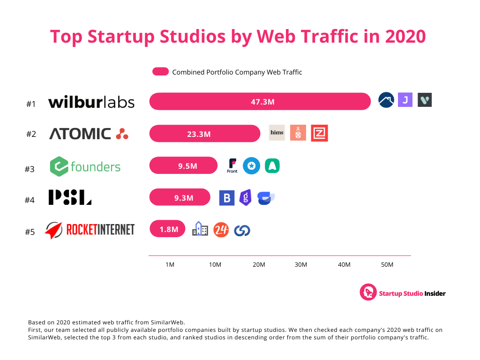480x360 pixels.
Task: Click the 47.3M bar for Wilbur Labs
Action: click(260, 101)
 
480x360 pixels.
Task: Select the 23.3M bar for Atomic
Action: click(204, 134)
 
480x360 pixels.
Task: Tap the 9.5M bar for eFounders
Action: click(183, 165)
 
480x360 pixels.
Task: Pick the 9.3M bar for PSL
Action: click(180, 197)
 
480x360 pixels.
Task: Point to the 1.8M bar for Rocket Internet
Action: click(167, 229)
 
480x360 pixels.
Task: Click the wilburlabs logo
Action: click(91, 102)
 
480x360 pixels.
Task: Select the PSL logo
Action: click(70, 197)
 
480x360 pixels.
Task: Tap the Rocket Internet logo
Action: click(90, 230)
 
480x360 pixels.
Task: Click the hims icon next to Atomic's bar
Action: click(277, 133)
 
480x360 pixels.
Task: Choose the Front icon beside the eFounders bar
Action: click(232, 165)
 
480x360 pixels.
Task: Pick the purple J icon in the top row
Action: click(405, 100)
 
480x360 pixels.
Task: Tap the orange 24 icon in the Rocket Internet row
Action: click(221, 229)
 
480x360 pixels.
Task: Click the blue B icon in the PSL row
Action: click(227, 198)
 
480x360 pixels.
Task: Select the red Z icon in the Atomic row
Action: click(319, 133)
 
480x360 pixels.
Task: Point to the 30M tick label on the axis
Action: click(301, 265)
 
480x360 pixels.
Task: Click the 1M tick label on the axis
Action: click(170, 265)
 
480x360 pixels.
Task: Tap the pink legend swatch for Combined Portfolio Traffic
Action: click(160, 72)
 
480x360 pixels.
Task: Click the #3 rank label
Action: click(30, 169)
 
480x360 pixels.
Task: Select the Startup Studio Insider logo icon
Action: click(368, 292)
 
